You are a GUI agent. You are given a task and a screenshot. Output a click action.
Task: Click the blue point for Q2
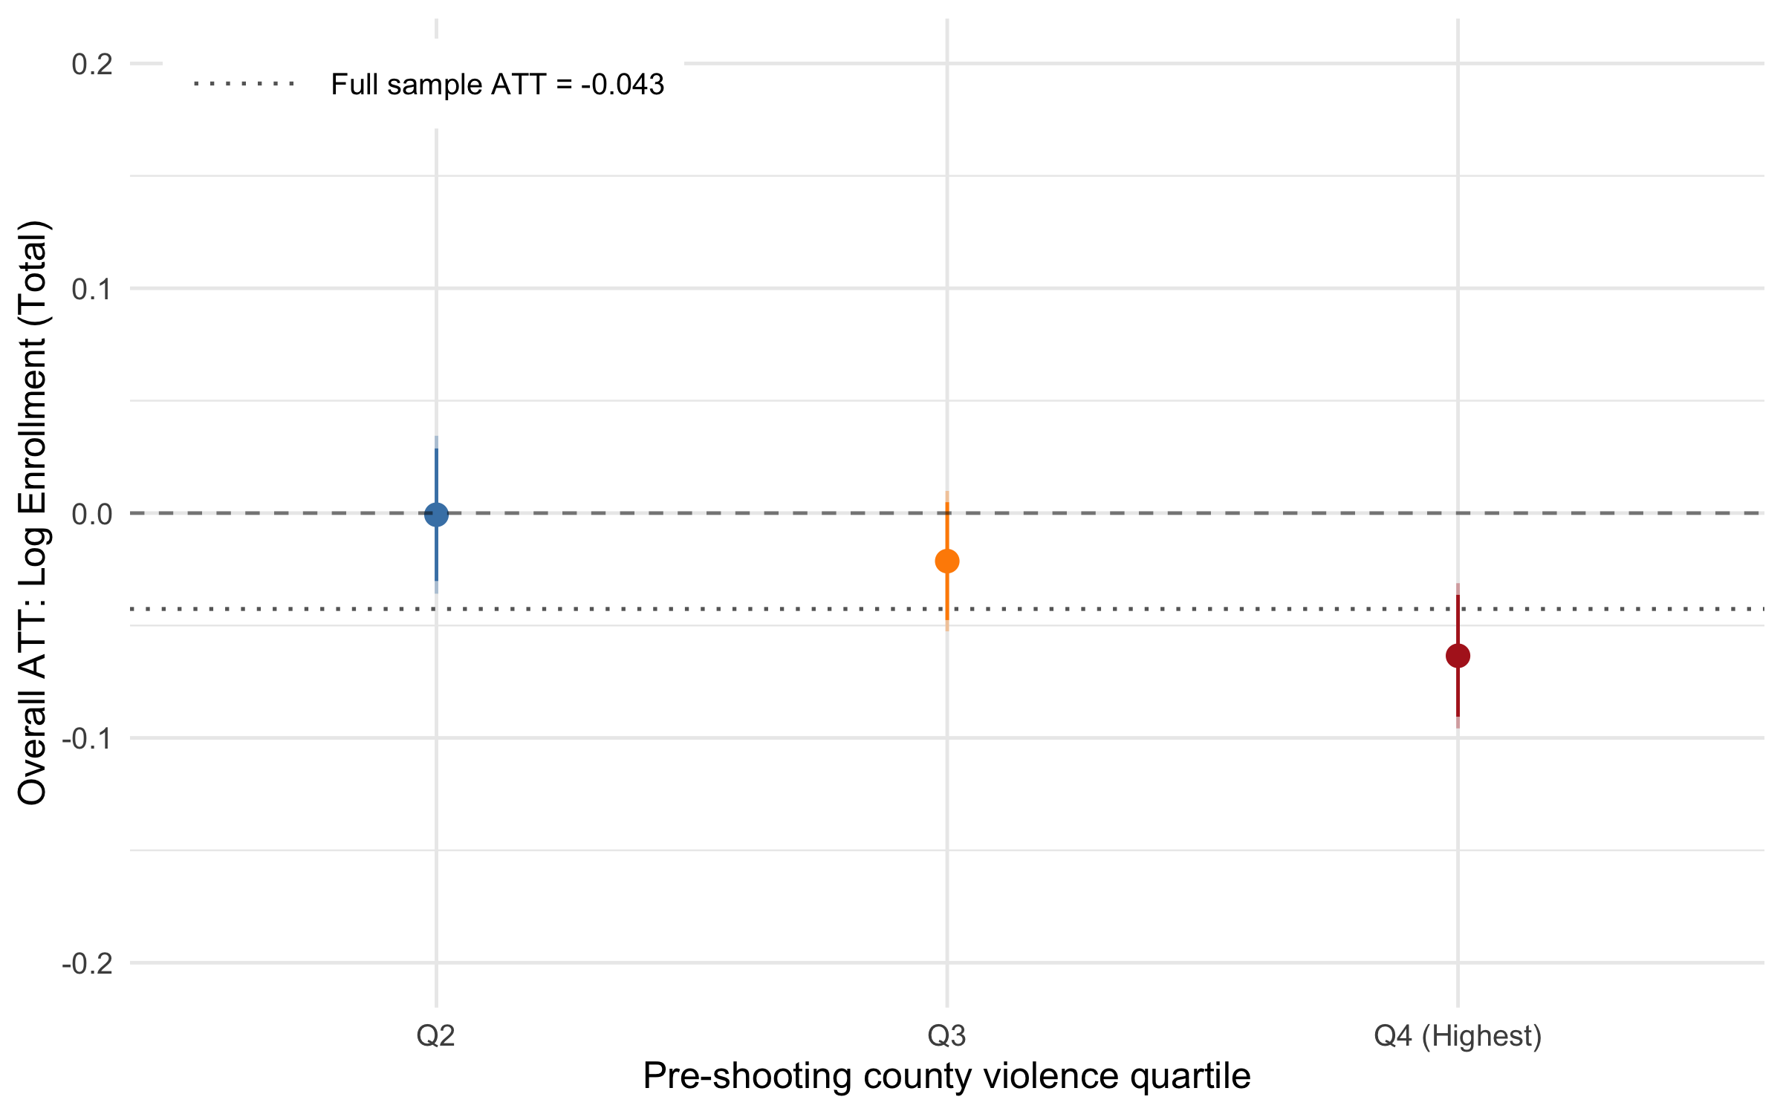click(436, 514)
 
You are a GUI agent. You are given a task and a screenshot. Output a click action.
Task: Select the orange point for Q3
click(946, 561)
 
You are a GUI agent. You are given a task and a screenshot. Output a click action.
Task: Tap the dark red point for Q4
click(1458, 656)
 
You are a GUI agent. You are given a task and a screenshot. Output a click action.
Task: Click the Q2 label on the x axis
click(435, 1035)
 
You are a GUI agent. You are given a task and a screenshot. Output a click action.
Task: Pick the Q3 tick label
click(946, 1035)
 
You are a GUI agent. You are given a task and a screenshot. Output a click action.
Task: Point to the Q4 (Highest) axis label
click(1458, 1035)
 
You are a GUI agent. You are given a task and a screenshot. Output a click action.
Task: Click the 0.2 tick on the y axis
click(92, 64)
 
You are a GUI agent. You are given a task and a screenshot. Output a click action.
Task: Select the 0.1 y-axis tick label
click(92, 289)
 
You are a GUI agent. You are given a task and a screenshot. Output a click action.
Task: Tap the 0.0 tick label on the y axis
click(92, 514)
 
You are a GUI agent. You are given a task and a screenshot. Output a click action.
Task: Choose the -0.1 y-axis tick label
click(87, 739)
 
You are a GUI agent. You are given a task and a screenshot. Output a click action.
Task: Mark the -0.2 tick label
click(87, 964)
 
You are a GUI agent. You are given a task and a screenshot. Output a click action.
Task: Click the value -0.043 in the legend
click(623, 85)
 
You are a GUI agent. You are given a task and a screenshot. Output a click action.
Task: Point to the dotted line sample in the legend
click(244, 84)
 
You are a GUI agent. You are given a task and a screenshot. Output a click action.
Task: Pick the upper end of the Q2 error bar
click(436, 437)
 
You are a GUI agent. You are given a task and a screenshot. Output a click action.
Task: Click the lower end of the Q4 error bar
click(1458, 727)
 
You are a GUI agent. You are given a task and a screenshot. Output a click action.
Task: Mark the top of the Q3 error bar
click(946, 492)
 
